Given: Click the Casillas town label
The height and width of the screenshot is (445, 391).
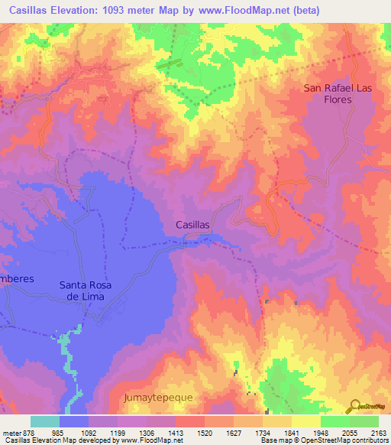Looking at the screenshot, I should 192,225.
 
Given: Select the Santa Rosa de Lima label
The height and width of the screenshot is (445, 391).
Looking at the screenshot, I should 86,291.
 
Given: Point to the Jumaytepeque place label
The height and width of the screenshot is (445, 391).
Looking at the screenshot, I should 159,398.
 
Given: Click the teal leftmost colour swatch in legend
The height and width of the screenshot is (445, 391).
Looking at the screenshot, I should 45,421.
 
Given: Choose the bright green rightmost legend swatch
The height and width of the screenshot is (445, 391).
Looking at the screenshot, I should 364,421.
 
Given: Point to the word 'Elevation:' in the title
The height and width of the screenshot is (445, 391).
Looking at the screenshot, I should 82,10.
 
